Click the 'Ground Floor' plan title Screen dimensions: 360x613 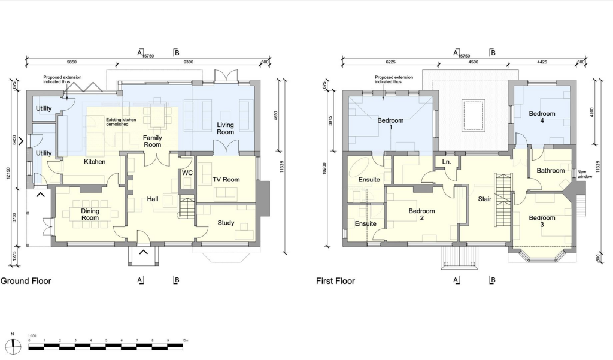point(26,281)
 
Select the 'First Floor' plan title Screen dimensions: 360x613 point(335,281)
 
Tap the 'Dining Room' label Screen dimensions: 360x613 point(90,214)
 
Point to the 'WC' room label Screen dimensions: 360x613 point(187,174)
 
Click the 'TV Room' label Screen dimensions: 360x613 point(226,180)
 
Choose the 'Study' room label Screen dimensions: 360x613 point(226,223)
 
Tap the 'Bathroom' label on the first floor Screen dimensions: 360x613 point(550,171)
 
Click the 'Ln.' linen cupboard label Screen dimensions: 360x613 point(447,162)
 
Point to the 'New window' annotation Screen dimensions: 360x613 point(585,174)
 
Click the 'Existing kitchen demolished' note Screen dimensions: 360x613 point(122,122)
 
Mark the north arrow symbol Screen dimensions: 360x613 point(13,343)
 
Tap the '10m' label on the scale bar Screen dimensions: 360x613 point(185,340)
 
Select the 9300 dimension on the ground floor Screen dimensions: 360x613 point(187,62)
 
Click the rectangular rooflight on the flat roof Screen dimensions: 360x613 point(471,114)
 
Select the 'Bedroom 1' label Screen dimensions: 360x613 point(390,124)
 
